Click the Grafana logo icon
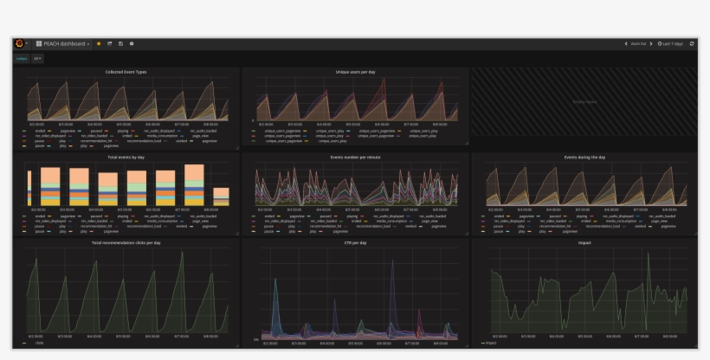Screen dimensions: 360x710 (19, 43)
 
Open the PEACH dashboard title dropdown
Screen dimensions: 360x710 (63, 43)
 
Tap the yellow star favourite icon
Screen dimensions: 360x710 (99, 43)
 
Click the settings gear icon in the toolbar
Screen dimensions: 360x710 (132, 43)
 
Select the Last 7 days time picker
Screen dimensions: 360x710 (671, 43)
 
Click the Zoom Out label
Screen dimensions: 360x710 (638, 43)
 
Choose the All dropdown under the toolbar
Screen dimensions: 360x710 (37, 59)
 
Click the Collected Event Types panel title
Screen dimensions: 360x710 (126, 72)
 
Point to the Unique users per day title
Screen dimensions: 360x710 (356, 72)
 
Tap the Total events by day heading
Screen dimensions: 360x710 (126, 157)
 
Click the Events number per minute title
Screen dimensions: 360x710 (356, 157)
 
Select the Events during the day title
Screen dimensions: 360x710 (584, 157)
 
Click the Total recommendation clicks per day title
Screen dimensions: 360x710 (126, 243)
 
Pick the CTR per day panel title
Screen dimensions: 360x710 (356, 243)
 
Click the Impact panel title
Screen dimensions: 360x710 (584, 243)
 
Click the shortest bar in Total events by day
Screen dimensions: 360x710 (221, 196)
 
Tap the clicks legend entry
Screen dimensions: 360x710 (38, 343)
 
